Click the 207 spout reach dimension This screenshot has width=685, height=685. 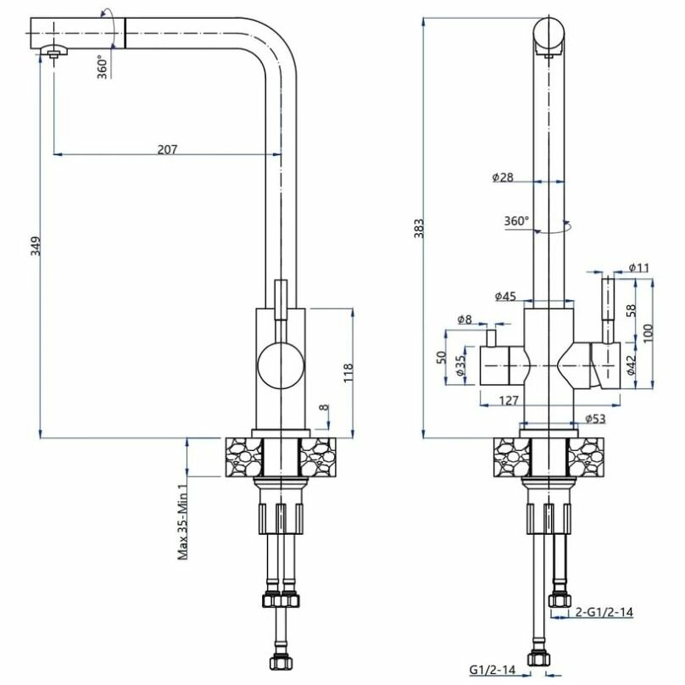point(167,149)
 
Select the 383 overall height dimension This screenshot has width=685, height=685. point(418,227)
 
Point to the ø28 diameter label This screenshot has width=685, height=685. point(503,177)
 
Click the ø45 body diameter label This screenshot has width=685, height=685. point(505,296)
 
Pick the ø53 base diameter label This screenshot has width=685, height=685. point(596,419)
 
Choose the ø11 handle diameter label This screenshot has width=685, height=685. point(638,269)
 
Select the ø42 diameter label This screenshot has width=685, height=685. point(631,365)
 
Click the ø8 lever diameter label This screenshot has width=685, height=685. point(464,320)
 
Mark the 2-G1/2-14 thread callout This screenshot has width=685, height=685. point(604,611)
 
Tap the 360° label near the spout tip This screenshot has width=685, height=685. point(102,66)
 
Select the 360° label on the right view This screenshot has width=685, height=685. point(516,221)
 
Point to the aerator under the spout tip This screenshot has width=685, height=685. point(54,53)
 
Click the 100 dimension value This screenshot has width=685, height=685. point(649,332)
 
